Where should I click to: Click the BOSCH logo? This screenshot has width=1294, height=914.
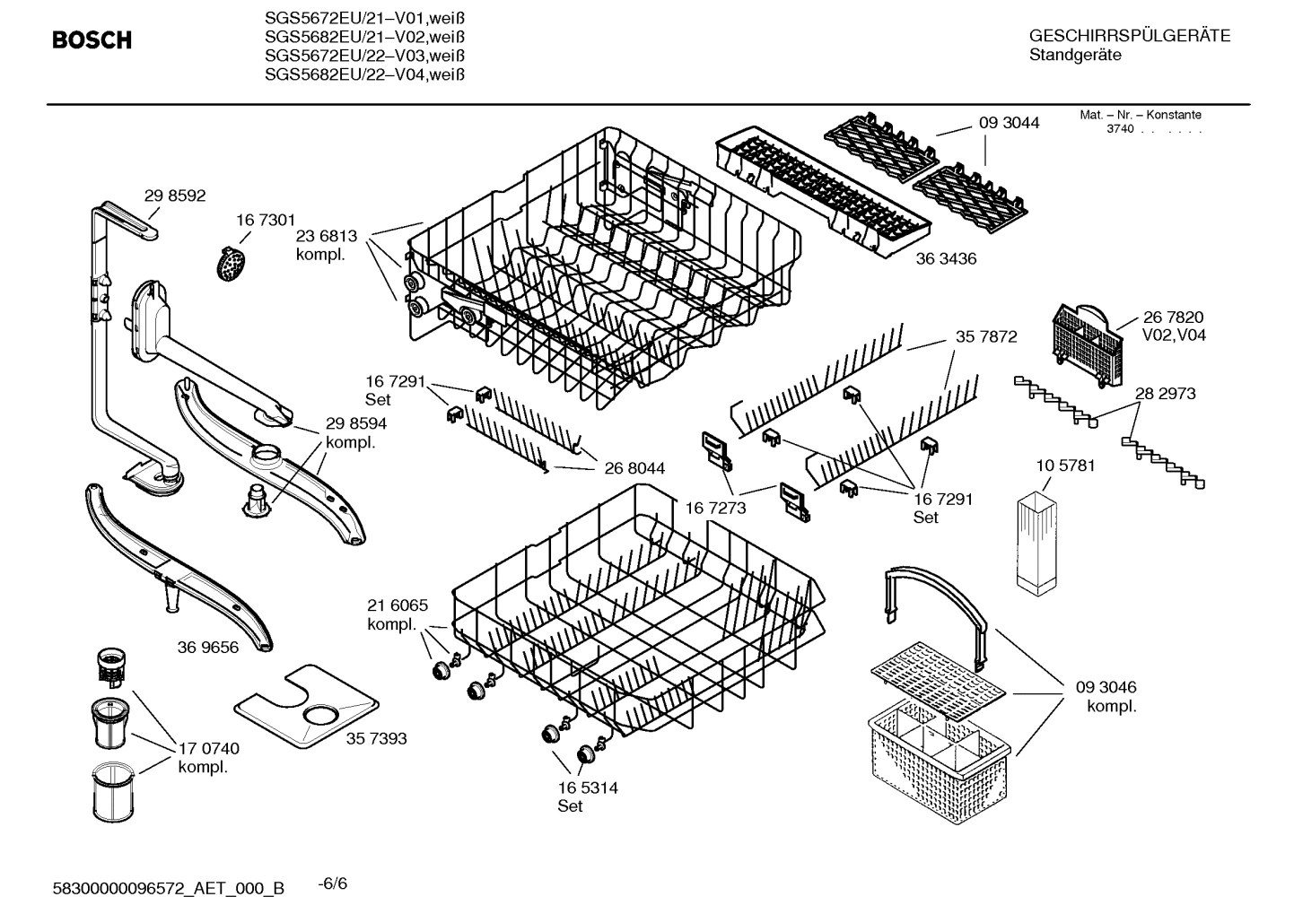tap(92, 40)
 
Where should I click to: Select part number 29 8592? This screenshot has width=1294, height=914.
tap(175, 196)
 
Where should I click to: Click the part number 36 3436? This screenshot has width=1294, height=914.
tap(946, 259)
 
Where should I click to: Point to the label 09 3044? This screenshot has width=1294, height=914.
tap(1009, 123)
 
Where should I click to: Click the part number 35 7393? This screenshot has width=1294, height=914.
tap(376, 738)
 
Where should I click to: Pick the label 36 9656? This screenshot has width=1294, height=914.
tap(208, 647)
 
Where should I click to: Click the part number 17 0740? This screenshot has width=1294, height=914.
tap(208, 748)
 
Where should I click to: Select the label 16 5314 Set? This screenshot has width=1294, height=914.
tap(587, 796)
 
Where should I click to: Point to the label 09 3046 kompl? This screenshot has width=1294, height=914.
tap(1106, 696)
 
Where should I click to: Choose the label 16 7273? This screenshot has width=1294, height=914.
tap(715, 508)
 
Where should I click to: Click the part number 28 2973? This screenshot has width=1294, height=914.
tap(1165, 394)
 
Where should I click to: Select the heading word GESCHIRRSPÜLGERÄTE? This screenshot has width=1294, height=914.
tap(1129, 37)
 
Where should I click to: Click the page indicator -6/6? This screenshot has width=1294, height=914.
tap(333, 884)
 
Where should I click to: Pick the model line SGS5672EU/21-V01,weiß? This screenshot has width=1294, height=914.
tap(364, 18)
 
